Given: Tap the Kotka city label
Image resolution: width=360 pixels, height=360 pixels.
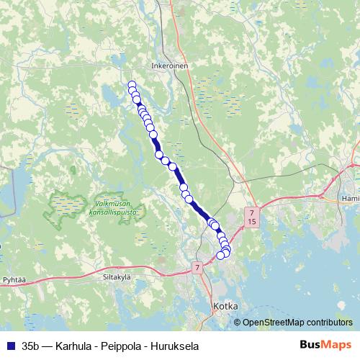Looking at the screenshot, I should [226, 306].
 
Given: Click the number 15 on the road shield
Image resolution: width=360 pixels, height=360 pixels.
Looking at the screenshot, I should [251, 222].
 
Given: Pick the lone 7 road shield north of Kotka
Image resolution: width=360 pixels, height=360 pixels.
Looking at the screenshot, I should [197, 268].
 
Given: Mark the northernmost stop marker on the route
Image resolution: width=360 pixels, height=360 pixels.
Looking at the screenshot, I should [132, 85].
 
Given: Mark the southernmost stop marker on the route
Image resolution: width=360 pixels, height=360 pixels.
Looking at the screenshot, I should [221, 256].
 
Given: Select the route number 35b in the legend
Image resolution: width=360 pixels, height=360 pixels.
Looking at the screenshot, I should [32, 346].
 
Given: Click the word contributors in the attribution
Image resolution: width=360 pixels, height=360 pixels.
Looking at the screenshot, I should [331, 322].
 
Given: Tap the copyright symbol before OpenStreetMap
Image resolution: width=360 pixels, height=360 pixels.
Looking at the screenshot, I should [238, 322].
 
